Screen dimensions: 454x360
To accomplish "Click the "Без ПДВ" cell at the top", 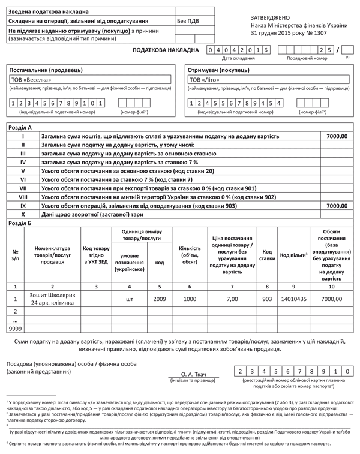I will coord(189,20).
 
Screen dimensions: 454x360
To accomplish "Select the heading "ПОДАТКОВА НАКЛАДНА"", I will coord(165,50).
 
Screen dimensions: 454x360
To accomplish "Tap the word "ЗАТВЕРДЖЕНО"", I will coord(271,17).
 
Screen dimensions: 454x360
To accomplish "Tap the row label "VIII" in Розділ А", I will coord(23,196).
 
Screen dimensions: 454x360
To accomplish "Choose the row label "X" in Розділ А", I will coord(23,214).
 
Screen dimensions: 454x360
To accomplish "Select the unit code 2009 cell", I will coord(160,298).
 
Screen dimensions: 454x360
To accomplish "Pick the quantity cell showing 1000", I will coord(190,298).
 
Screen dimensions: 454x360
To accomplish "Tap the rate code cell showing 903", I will coord(268,298).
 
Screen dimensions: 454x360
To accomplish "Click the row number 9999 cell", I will coord(15,329).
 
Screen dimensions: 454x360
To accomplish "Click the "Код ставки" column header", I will coord(268,255).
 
